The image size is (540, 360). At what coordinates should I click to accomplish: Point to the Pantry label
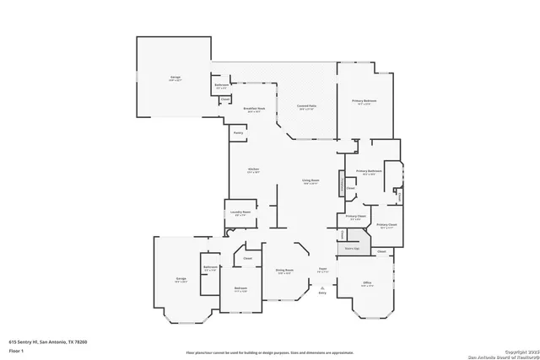238,132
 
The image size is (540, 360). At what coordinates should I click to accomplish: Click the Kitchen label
252,171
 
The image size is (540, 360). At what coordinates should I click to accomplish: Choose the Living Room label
310,181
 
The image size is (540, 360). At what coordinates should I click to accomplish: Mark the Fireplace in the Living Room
342,184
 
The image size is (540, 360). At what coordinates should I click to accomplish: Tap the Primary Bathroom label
369,172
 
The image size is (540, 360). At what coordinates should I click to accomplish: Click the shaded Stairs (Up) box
352,248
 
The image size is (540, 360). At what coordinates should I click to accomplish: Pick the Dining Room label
283,271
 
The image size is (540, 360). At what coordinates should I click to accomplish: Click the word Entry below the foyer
321,293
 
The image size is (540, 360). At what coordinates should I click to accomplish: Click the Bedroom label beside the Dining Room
240,290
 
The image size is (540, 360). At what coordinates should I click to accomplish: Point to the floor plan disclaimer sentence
270,352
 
